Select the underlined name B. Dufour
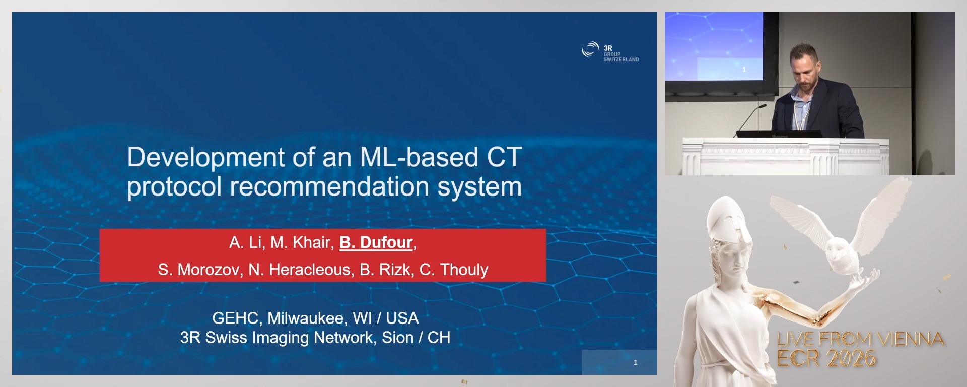[376, 242]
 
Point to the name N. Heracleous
[300, 270]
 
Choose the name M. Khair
[300, 242]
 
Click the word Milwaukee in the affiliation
[305, 318]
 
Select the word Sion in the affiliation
[397, 337]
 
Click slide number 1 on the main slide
[635, 362]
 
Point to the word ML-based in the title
[419, 157]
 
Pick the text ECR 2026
[826, 358]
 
